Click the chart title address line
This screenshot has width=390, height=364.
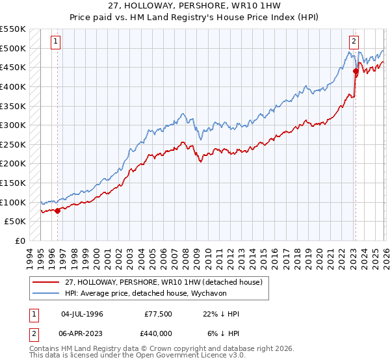(x=195, y=6)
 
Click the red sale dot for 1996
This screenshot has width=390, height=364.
(x=57, y=210)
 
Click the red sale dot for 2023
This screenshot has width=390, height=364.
(x=356, y=71)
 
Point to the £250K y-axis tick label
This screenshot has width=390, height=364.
(x=13, y=144)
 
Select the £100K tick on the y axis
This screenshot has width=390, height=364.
(x=13, y=202)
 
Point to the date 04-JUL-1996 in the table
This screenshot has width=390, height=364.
(x=82, y=314)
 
